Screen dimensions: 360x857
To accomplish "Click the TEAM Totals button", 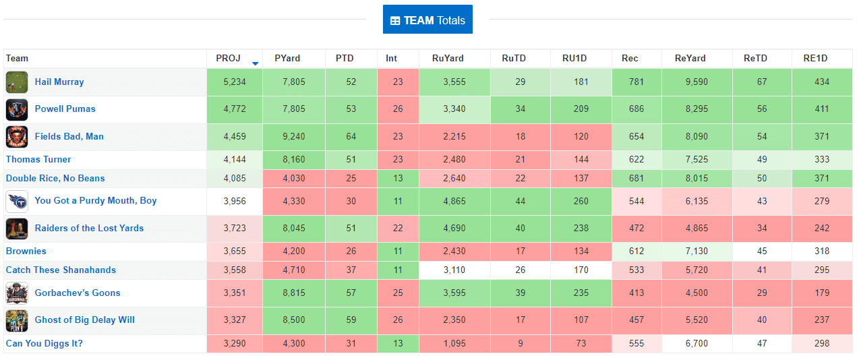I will click(x=427, y=20).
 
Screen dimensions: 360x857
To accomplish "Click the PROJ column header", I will click(x=228, y=59).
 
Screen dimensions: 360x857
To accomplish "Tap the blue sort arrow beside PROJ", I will click(x=255, y=63).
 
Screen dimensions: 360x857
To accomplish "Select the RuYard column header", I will click(x=448, y=59).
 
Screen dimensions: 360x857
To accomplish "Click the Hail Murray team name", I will click(x=59, y=82).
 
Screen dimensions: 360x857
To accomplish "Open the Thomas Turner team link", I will click(x=38, y=160).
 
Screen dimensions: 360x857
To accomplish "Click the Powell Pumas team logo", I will click(x=17, y=109).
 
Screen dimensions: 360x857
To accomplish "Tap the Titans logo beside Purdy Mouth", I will click(x=17, y=201).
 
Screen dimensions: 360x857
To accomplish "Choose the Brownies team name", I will click(x=26, y=251).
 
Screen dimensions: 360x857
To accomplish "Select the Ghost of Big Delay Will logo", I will click(x=17, y=320).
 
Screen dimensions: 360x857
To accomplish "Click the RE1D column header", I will click(x=815, y=59).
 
